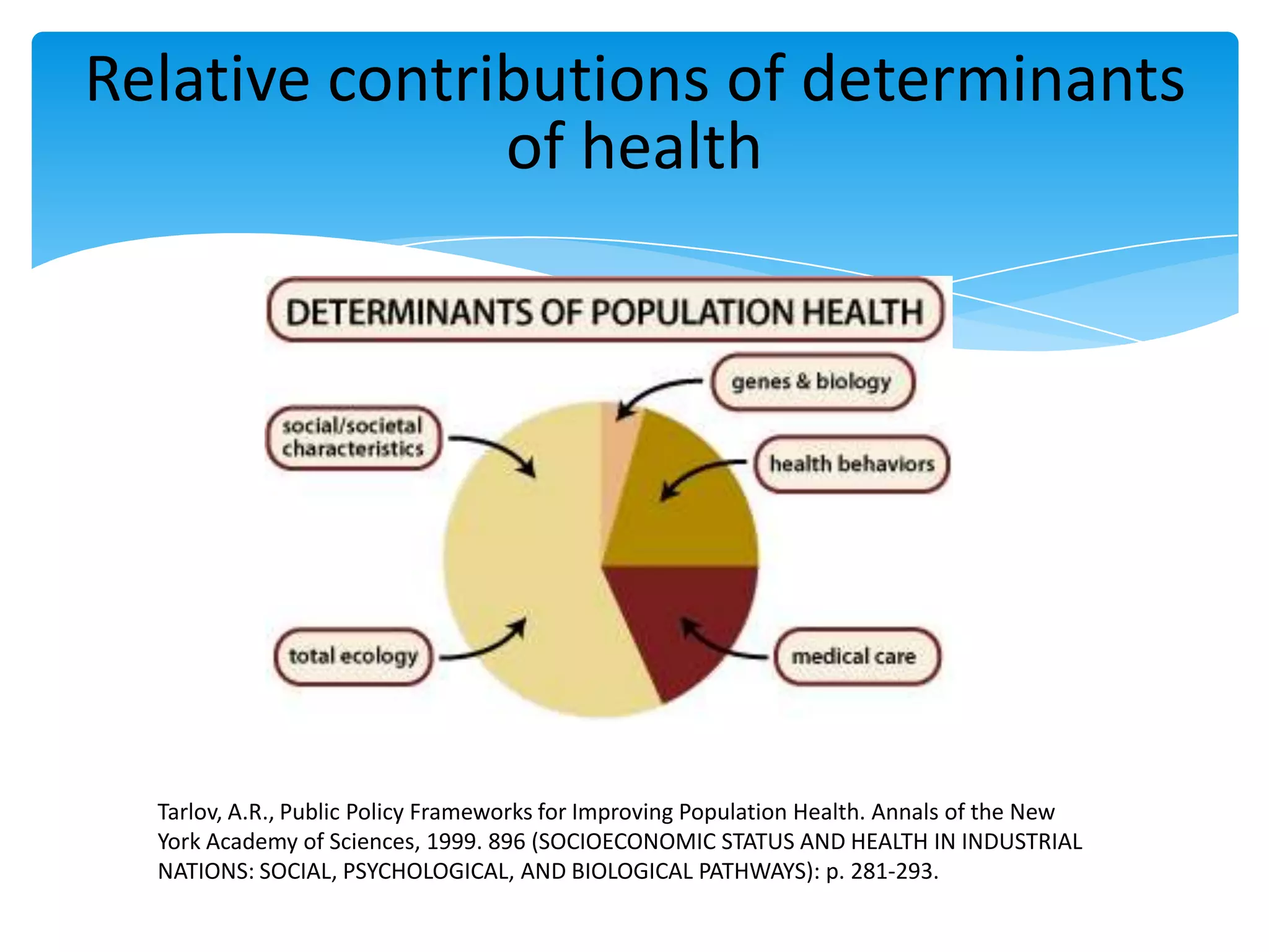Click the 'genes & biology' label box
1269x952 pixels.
812,382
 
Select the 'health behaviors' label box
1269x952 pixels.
852,464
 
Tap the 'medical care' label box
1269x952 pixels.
857,656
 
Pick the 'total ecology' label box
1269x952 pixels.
353,656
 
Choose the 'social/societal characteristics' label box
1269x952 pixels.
353,438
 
